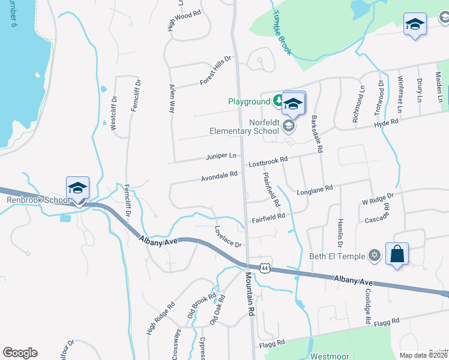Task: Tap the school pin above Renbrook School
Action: (x=78, y=189)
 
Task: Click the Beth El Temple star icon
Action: (x=376, y=256)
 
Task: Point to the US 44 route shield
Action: (x=265, y=268)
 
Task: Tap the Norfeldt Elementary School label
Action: (x=245, y=126)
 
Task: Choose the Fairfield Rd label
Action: (x=268, y=218)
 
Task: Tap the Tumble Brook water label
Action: (x=282, y=32)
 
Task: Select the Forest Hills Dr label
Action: (x=216, y=71)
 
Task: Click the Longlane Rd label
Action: (x=315, y=191)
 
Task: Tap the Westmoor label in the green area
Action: (x=330, y=356)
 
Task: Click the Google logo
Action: (x=20, y=353)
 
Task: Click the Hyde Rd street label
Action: (x=386, y=122)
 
